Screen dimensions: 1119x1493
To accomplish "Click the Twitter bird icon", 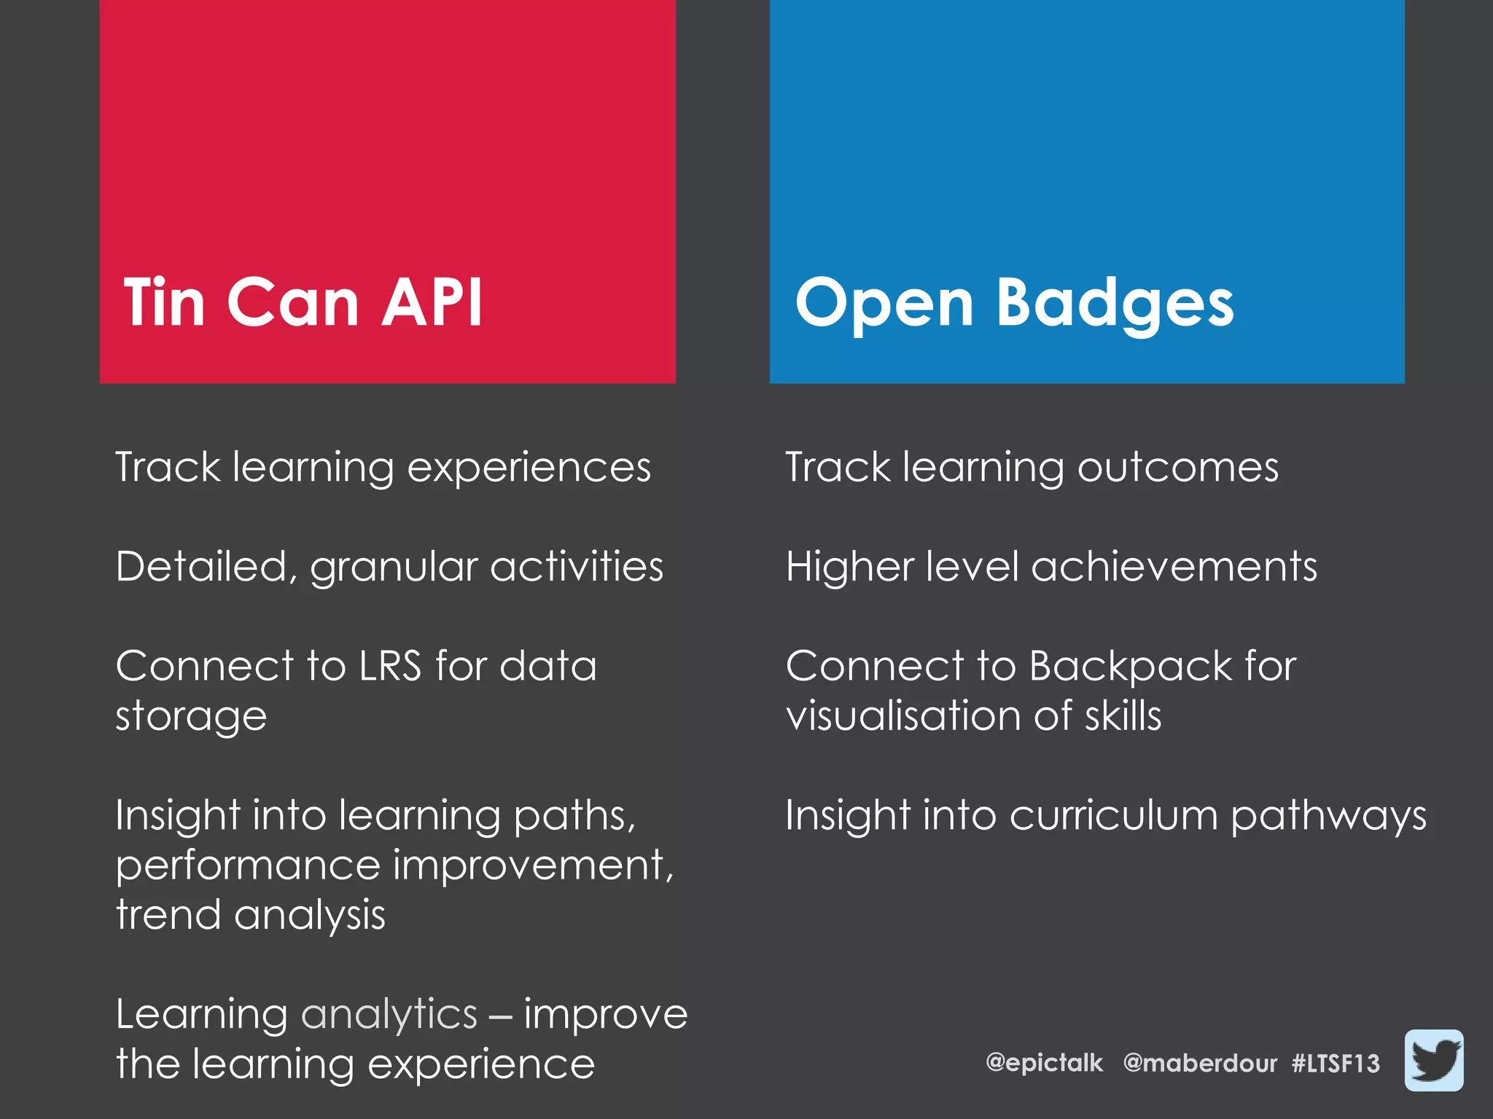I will click(x=1433, y=1060).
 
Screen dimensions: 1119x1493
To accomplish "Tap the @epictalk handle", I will click(x=1044, y=1063).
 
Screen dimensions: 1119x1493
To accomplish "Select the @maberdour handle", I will click(x=1200, y=1063).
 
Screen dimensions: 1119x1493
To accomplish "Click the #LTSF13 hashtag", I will click(x=1336, y=1063).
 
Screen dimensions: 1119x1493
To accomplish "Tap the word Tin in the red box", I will click(x=164, y=302).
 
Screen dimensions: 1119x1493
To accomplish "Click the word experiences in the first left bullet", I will click(x=529, y=468).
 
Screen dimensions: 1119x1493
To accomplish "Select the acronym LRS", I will click(x=390, y=666).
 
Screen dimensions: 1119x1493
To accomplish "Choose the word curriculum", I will click(x=1113, y=815).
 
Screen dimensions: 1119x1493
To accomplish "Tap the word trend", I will click(x=168, y=915).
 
